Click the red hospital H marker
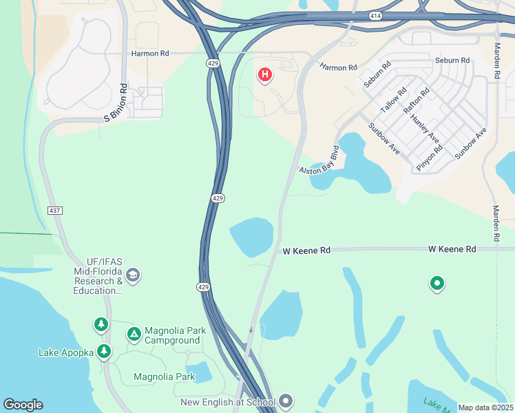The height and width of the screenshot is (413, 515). point(264,74)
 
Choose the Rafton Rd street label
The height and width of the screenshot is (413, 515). point(417,100)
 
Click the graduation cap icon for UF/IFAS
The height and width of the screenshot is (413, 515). point(133,276)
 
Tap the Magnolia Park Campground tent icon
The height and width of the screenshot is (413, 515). point(134,335)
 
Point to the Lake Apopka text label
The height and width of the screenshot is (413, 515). point(66,352)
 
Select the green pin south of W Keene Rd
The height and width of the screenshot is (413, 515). point(437,283)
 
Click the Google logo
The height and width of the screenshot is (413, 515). point(23,405)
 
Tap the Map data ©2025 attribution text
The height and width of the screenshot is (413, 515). point(485,407)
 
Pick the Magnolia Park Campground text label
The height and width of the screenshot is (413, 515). point(175,335)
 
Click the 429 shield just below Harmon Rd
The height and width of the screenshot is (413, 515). point(213,63)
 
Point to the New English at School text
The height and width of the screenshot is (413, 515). point(227,402)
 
